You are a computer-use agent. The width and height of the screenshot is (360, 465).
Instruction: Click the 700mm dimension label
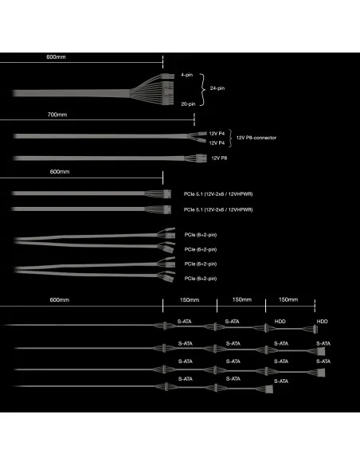pyautogui.click(x=57, y=115)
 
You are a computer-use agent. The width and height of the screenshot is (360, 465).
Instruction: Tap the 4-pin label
pyautogui.click(x=187, y=75)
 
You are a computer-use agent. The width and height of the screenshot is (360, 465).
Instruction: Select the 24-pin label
pyautogui.click(x=217, y=88)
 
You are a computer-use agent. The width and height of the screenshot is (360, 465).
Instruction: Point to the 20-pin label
pyautogui.click(x=188, y=104)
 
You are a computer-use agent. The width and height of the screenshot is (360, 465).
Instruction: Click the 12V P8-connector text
pyautogui.click(x=256, y=138)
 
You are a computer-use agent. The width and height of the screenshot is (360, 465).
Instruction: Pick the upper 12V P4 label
pyautogui.click(x=217, y=134)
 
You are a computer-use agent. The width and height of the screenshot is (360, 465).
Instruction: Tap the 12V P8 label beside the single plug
pyautogui.click(x=219, y=158)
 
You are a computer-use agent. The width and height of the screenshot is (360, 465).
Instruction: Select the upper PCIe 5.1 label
pyautogui.click(x=218, y=194)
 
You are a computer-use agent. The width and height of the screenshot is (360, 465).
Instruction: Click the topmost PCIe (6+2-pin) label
pyautogui.click(x=201, y=235)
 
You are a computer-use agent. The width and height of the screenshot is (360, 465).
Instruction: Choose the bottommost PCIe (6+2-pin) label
pyautogui.click(x=201, y=279)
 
